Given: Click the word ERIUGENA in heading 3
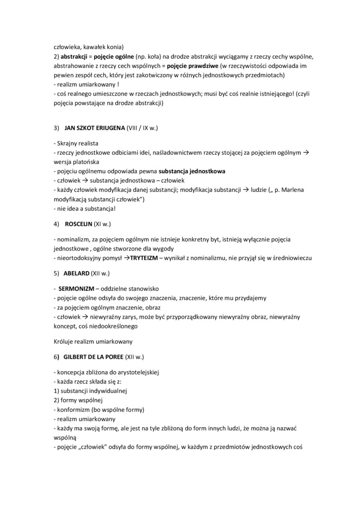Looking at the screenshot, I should pyautogui.click(x=109, y=128).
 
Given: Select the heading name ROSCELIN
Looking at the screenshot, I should pyautogui.click(x=79, y=223).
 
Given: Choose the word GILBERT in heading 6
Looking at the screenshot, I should pyautogui.click(x=78, y=356).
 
